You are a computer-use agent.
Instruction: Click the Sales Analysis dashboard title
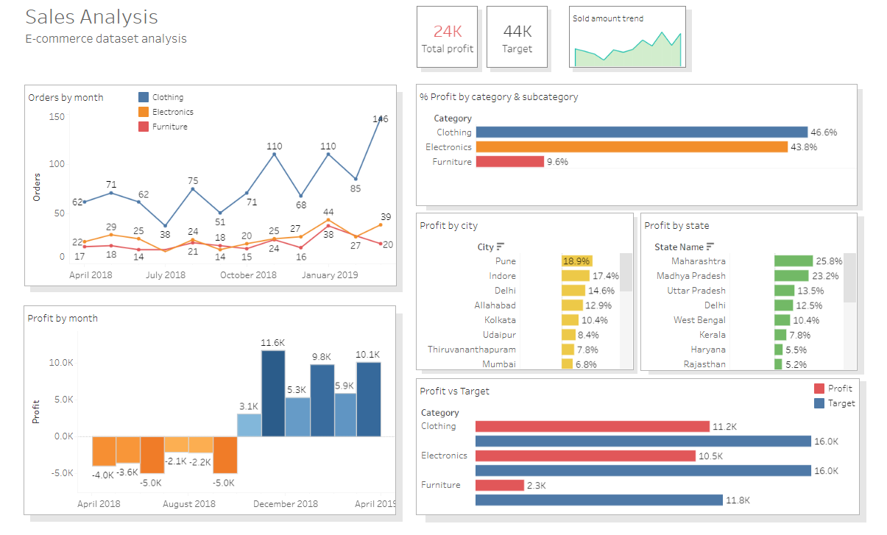tap(92, 17)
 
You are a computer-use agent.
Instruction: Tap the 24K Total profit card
tap(448, 38)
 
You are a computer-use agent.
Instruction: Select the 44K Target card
tap(517, 38)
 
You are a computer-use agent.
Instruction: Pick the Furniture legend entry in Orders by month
tap(163, 127)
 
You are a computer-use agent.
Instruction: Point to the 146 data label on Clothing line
tap(381, 119)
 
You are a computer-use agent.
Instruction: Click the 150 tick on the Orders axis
tap(57, 117)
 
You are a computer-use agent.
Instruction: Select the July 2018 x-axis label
tap(165, 275)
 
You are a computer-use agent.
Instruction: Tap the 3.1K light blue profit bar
tap(249, 425)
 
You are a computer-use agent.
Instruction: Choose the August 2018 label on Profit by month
tap(189, 504)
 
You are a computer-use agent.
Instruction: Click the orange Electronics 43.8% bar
tap(632, 147)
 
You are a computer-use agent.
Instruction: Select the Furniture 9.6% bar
tap(509, 162)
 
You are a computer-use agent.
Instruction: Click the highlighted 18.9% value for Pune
tap(576, 261)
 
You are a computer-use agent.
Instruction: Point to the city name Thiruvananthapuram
tap(472, 350)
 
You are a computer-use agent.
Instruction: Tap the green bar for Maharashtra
tap(793, 261)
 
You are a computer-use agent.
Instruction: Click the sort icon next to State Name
tap(711, 247)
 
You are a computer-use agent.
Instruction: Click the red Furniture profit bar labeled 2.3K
tap(500, 486)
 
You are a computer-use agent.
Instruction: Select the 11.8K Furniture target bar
tap(599, 500)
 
